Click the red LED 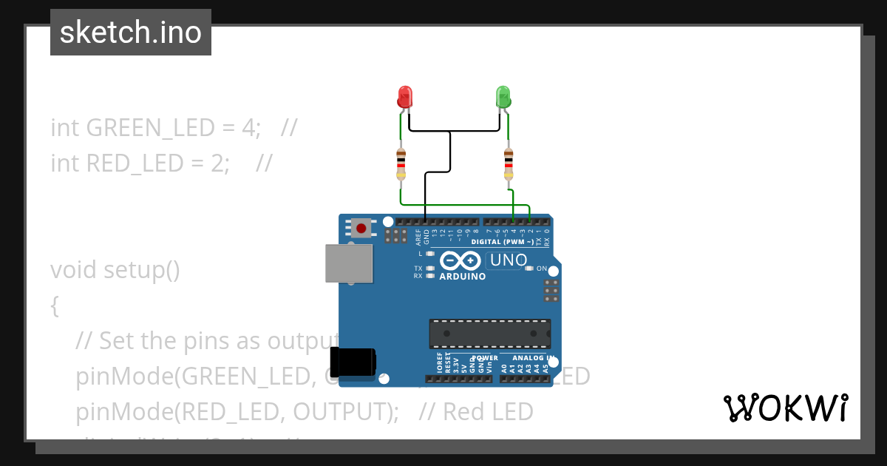[404, 97]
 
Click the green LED [503, 97]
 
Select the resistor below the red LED [401, 163]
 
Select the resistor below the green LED [509, 163]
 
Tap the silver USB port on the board [349, 263]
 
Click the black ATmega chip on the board [490, 334]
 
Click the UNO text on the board [509, 260]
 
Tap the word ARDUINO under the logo [463, 277]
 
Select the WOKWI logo [785, 408]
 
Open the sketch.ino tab [131, 33]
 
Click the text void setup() [115, 270]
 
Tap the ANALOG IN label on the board [529, 358]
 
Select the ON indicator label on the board [542, 269]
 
